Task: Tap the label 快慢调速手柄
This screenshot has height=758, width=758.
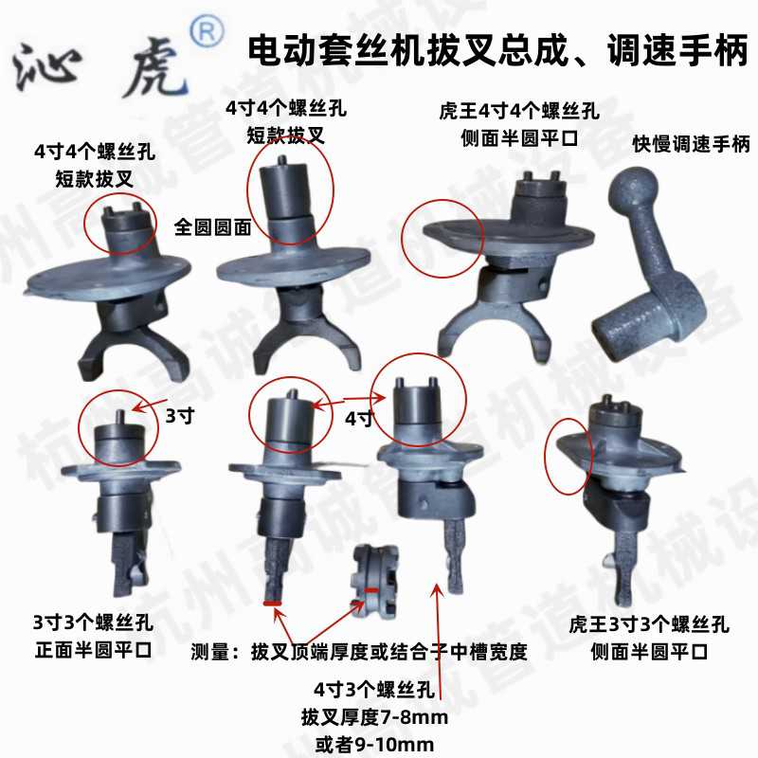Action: click(x=691, y=144)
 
